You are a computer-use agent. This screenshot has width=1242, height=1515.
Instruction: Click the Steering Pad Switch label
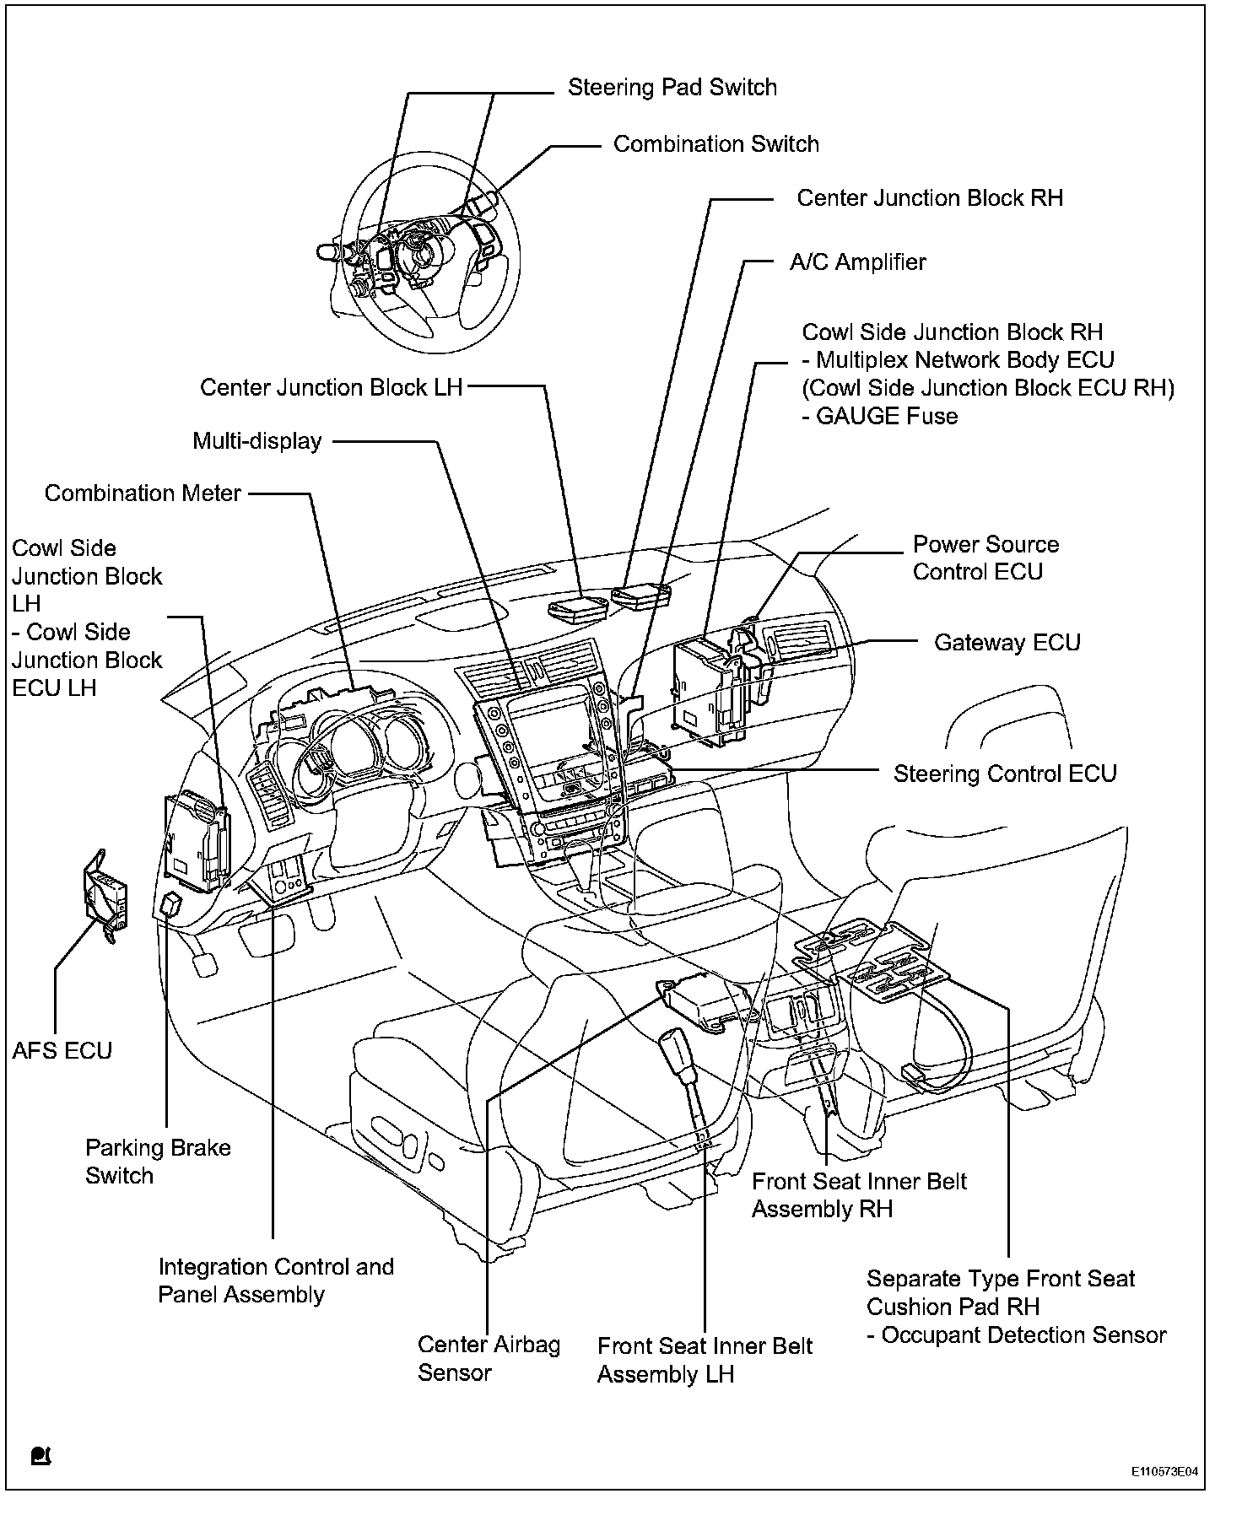tap(672, 88)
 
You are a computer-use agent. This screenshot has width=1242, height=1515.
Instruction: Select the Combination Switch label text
tap(715, 144)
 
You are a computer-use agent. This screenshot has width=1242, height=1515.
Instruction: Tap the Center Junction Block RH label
tap(930, 198)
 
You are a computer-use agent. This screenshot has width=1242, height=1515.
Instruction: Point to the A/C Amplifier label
tap(857, 262)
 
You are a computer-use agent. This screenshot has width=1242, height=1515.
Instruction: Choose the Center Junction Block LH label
tap(332, 388)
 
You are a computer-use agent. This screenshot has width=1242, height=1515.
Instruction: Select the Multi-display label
tap(257, 441)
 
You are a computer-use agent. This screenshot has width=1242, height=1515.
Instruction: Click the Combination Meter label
tap(143, 493)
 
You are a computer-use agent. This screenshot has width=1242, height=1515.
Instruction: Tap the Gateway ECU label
tap(1007, 643)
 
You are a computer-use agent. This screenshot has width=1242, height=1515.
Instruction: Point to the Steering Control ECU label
tap(1005, 774)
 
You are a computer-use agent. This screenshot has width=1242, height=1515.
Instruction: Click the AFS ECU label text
tap(62, 1051)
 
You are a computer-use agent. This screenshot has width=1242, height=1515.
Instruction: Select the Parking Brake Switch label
tap(158, 1162)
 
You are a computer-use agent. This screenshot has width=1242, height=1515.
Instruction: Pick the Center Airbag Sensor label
tap(489, 1358)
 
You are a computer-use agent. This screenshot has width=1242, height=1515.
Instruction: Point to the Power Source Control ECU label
tap(985, 558)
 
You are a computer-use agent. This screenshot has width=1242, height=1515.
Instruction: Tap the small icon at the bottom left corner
tap(40, 1457)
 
